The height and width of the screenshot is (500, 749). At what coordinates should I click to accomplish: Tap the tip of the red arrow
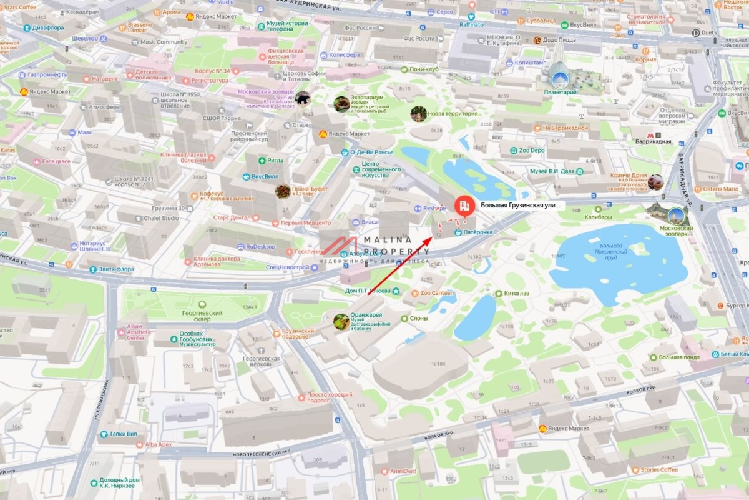pos(432,237)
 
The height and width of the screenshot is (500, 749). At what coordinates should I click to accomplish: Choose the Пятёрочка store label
pos(477,232)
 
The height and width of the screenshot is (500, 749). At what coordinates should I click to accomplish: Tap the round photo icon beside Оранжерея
pos(341,322)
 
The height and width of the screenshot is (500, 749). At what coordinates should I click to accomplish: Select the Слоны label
pos(418,318)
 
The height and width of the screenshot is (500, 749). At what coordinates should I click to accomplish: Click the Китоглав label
pos(516,293)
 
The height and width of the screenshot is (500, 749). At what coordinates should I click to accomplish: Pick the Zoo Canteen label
pos(436,292)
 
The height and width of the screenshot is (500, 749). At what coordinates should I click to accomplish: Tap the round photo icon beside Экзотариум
pos(341,103)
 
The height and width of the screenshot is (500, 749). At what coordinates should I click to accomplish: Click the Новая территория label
pos(453,113)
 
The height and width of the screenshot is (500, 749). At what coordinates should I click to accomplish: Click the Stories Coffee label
pos(658,469)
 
